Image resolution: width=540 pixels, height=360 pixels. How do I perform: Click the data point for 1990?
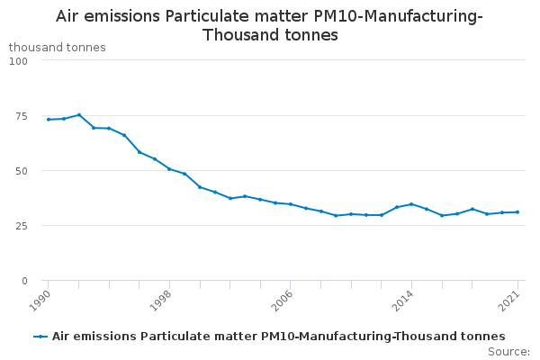point(49,120)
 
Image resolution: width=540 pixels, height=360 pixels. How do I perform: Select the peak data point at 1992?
point(79,114)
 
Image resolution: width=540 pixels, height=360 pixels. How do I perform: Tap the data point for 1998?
point(169,169)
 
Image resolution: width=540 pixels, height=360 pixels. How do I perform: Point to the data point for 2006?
point(291,204)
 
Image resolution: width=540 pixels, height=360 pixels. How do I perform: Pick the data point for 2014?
point(411,204)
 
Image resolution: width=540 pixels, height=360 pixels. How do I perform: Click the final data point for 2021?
point(517,212)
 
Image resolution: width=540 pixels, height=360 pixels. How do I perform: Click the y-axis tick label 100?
point(18,61)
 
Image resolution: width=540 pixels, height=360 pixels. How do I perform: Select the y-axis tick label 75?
point(22,116)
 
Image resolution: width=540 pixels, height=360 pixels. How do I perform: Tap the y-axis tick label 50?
point(22,171)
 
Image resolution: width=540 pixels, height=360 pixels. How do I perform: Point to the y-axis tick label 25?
point(22,226)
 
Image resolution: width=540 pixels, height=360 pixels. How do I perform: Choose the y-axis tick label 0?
point(24,281)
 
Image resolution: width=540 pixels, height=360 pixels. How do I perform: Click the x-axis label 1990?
point(40,301)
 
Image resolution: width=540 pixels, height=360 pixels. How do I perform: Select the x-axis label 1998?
point(161,301)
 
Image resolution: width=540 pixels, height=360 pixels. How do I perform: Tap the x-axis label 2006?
point(282,301)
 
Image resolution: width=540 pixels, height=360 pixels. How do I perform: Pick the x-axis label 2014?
point(403,301)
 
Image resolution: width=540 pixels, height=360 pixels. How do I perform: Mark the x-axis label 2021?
point(509,301)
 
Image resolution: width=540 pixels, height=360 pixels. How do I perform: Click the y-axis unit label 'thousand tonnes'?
point(58,47)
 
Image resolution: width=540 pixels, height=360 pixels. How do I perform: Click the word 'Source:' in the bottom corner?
point(508,352)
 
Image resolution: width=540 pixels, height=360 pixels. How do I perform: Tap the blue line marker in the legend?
point(40,337)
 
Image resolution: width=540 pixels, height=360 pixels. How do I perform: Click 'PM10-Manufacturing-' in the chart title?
point(398,16)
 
